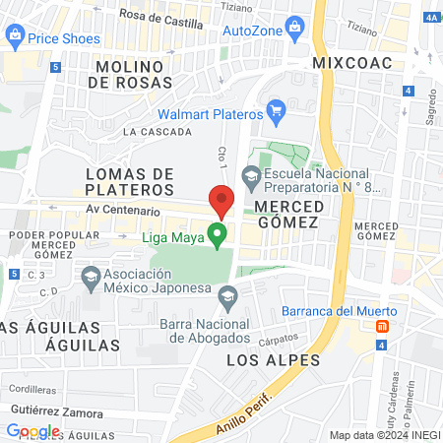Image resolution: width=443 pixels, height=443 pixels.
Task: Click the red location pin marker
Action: coord(221,199)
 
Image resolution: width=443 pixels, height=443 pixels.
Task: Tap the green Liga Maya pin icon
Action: coord(218,234)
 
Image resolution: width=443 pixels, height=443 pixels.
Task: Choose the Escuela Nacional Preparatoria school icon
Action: coord(251,175)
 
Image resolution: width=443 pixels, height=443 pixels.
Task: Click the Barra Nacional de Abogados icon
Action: coord(228,295)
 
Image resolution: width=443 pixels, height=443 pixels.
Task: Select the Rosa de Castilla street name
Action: coord(161,15)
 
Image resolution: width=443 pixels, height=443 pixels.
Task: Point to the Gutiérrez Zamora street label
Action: coord(56,411)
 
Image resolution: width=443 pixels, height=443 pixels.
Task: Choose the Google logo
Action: coord(32,430)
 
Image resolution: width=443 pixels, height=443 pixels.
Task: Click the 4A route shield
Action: coord(430,17)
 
